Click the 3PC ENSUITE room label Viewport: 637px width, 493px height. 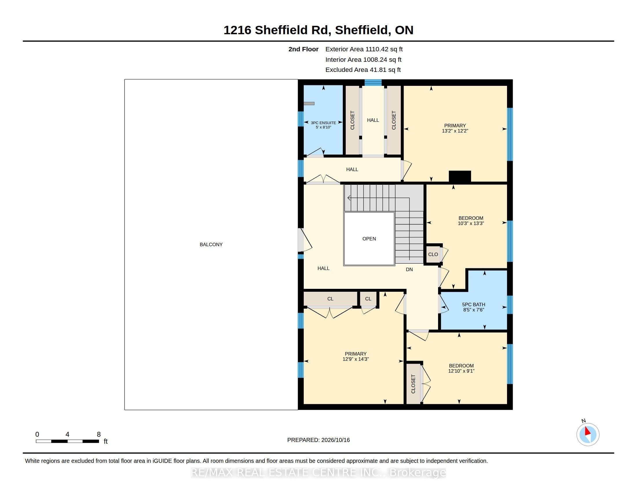(x=323, y=123)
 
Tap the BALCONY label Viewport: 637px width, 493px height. (x=211, y=244)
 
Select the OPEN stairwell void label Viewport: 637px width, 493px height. (x=369, y=239)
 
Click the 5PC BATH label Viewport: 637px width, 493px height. (x=473, y=304)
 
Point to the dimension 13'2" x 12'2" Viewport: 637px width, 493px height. (x=455, y=131)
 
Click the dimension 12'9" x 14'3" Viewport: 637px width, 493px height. (x=356, y=359)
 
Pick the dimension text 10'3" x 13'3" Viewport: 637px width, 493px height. (x=471, y=223)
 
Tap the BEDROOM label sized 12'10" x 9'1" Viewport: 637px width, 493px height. (x=461, y=366)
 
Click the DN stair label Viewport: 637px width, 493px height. (x=409, y=269)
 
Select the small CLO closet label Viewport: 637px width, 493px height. (x=433, y=254)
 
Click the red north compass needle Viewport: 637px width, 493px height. (x=587, y=431)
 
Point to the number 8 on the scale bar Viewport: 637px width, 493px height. (x=98, y=434)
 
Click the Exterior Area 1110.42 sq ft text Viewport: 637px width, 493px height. (x=364, y=49)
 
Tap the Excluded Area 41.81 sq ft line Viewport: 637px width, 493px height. (x=363, y=70)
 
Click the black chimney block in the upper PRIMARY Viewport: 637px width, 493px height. (x=460, y=176)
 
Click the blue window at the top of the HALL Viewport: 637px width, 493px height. (x=373, y=82)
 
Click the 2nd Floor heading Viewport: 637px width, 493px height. (x=303, y=49)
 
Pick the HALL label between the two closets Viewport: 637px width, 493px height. (x=373, y=120)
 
